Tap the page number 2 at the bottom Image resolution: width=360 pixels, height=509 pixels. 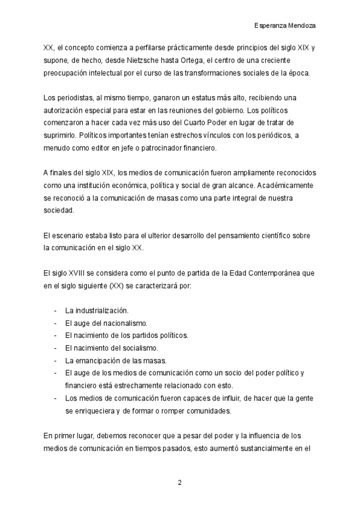coord(179,482)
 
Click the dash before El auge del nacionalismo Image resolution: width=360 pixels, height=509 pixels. coord(55,323)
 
